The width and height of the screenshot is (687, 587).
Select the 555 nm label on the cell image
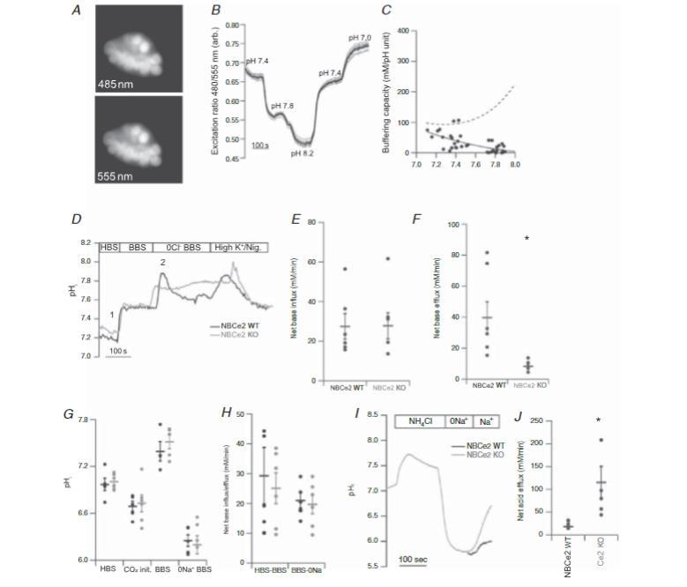pos(115,177)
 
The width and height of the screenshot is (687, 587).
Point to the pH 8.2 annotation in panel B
pos(302,154)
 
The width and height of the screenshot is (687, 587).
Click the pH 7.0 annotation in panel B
pos(361,37)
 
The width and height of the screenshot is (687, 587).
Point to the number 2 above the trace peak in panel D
pos(162,264)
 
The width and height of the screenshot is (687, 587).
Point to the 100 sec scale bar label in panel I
pos(412,561)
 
